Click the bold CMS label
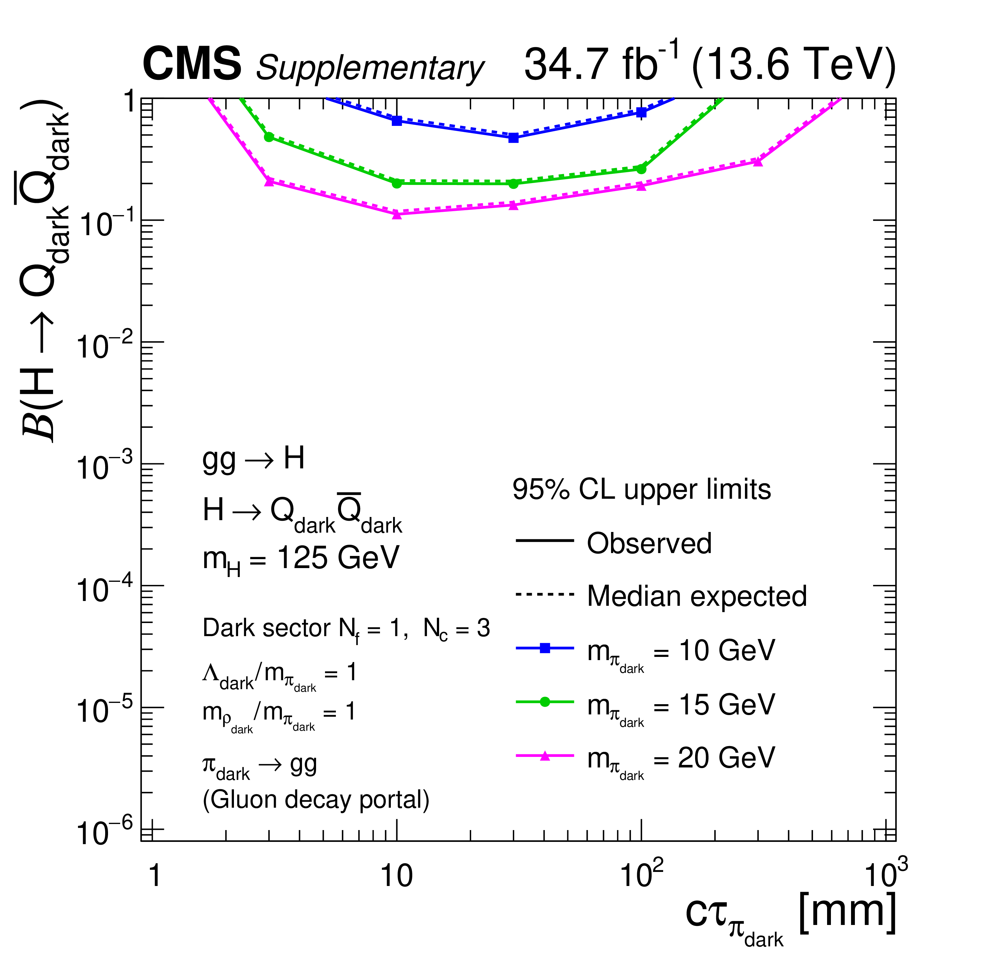coord(192,64)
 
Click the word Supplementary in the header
coord(370,68)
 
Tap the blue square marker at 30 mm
coord(513,138)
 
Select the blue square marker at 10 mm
coord(397,121)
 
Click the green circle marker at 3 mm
coord(269,137)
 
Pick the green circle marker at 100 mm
coord(641,168)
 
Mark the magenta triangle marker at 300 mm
coord(757,161)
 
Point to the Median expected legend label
coord(697,597)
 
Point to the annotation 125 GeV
coord(337,558)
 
